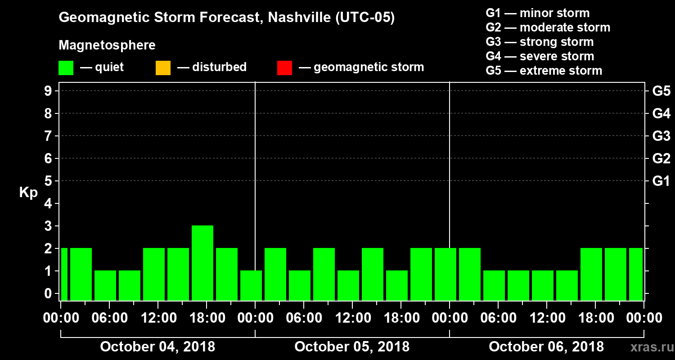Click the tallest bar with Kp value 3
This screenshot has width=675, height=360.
pos(202,262)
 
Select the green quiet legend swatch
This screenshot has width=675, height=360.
pos(66,68)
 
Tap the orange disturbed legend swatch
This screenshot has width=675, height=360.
pos(163,68)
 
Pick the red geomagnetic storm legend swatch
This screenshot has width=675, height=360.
pos(284,68)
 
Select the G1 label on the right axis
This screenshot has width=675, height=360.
pos(661,181)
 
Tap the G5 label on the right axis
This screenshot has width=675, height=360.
pos(661,91)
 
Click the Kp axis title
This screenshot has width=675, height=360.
pos(28,192)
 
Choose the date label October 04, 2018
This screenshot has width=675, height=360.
pos(157,347)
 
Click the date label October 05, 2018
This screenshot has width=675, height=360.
pos(352,347)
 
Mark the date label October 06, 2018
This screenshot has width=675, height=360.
pos(546,347)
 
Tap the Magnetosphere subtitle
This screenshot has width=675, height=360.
pos(107,45)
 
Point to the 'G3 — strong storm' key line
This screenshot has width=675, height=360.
pos(540,42)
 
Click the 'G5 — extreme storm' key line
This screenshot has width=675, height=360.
pos(544,71)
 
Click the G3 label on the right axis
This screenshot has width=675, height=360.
pos(661,136)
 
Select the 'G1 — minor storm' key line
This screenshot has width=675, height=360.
pos(537,13)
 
